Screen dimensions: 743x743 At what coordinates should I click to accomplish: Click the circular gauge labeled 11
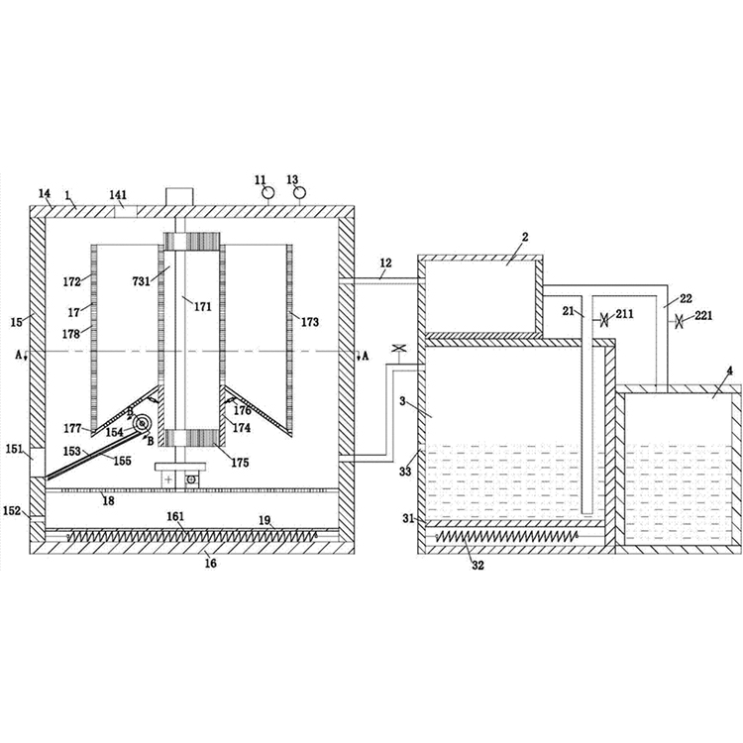click(267, 193)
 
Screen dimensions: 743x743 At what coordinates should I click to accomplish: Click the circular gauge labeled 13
click(299, 193)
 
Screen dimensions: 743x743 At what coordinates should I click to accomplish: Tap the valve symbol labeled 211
click(604, 320)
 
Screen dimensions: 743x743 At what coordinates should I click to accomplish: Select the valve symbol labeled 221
click(679, 322)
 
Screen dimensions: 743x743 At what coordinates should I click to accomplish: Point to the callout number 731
click(142, 281)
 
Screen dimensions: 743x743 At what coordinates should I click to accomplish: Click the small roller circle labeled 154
click(141, 423)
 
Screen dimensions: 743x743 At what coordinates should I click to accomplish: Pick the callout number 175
click(240, 463)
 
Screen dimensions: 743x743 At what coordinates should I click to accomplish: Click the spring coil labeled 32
click(506, 536)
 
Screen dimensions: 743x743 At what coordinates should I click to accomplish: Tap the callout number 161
click(175, 516)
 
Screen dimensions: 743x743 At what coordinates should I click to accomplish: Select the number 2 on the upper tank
click(525, 237)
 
